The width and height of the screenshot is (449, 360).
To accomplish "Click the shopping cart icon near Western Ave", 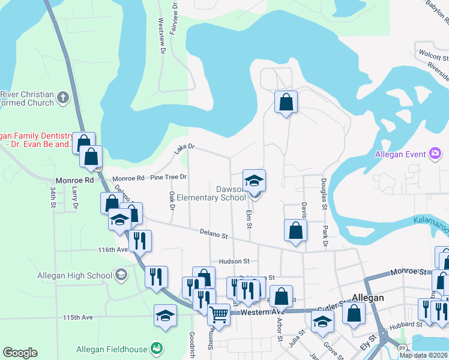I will [x=218, y=313].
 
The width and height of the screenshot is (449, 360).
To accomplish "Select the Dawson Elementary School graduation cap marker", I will [x=254, y=180].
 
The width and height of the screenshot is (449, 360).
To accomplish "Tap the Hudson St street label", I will [x=234, y=261].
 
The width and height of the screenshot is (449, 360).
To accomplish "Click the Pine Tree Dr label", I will [x=169, y=177].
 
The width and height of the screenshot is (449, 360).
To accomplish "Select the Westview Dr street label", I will [x=161, y=36].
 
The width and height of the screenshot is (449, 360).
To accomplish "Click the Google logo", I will [x=20, y=353].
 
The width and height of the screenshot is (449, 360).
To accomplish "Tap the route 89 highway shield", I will [x=400, y=347].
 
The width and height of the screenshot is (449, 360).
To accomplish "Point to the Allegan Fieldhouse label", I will [x=111, y=349].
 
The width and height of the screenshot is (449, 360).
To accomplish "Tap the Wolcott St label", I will [x=433, y=58].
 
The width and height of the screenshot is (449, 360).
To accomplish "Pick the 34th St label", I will [x=53, y=197].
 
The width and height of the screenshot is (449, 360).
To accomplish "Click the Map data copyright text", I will [x=423, y=355].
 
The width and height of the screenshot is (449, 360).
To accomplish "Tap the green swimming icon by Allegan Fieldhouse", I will [x=157, y=349].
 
